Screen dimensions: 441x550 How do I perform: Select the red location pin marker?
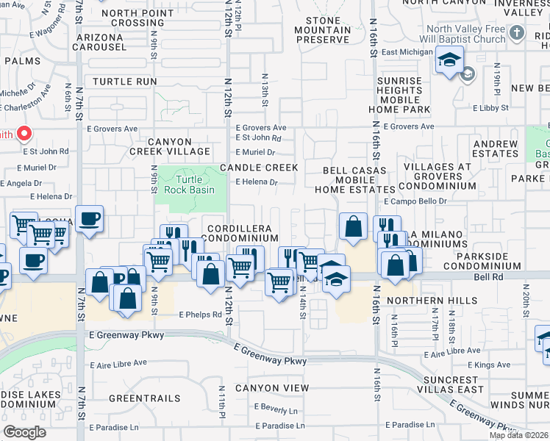tap(24, 133)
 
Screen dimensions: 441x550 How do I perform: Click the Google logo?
tap(24, 432)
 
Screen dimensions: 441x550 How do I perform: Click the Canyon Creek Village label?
tap(170, 146)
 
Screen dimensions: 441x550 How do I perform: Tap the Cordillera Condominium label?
tap(242, 233)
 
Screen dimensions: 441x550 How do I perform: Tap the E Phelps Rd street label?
tap(201, 315)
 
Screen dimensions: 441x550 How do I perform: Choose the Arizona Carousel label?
tap(99, 42)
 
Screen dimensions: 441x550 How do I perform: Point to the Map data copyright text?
tap(518, 435)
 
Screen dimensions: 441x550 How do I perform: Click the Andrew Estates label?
tap(496, 148)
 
